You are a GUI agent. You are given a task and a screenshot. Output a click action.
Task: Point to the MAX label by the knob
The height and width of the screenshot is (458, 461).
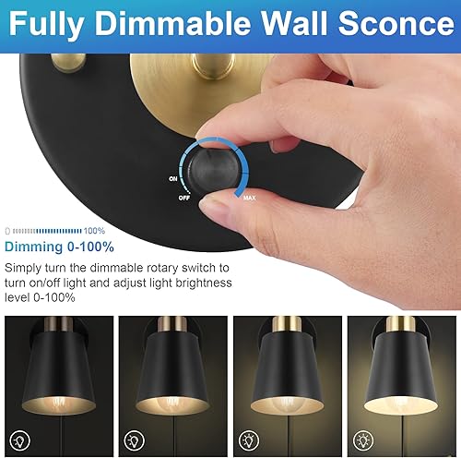[x=250, y=197]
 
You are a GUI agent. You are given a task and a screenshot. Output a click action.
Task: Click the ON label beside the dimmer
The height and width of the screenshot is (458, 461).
[x=173, y=178]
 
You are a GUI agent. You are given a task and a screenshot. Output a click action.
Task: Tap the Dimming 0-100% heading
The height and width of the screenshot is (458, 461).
[x=60, y=247]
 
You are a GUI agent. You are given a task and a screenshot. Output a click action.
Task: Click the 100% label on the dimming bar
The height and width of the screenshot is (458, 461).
[x=94, y=229]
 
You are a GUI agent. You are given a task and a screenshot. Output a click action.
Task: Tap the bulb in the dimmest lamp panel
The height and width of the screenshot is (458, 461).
[x=59, y=403]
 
